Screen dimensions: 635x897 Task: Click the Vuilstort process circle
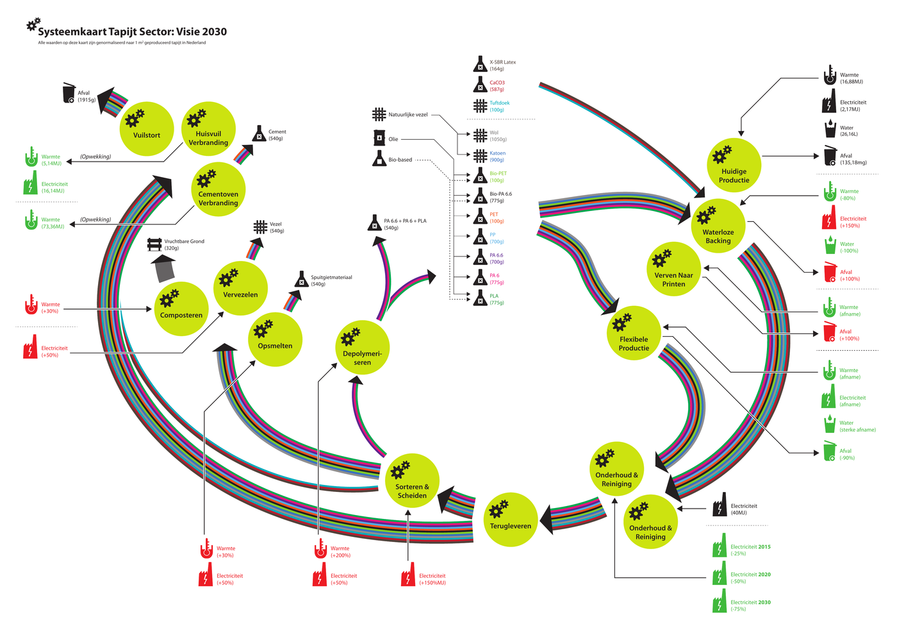point(147,129)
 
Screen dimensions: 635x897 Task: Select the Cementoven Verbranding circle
point(218,189)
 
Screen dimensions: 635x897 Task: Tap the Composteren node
point(181,309)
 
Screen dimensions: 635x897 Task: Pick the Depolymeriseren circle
point(362,348)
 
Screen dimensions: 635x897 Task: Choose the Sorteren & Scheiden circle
point(412,481)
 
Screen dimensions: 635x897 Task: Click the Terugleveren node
point(510,520)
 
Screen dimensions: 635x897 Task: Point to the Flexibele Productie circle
point(634,334)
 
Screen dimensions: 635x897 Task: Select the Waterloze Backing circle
point(718,226)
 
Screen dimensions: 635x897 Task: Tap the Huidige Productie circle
point(734,165)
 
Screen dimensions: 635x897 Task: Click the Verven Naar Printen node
point(673,269)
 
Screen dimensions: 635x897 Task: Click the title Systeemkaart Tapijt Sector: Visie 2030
point(132,31)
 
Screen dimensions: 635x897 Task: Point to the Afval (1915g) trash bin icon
point(69,94)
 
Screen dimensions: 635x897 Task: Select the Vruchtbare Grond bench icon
point(154,244)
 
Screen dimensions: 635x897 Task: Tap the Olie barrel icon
point(379,138)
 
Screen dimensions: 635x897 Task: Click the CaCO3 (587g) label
point(497,86)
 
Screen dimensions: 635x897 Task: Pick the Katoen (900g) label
point(498,157)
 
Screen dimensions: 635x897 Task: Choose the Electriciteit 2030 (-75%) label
point(750,605)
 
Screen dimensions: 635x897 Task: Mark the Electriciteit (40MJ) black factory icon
point(720,505)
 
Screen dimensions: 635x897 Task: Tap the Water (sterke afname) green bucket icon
point(830,424)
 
